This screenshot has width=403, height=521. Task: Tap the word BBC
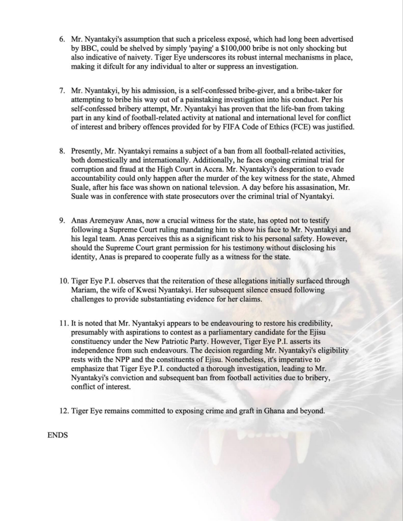tap(85, 48)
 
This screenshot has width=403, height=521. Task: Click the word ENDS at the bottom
tap(57, 436)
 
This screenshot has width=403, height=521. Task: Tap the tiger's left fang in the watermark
tap(216, 448)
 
